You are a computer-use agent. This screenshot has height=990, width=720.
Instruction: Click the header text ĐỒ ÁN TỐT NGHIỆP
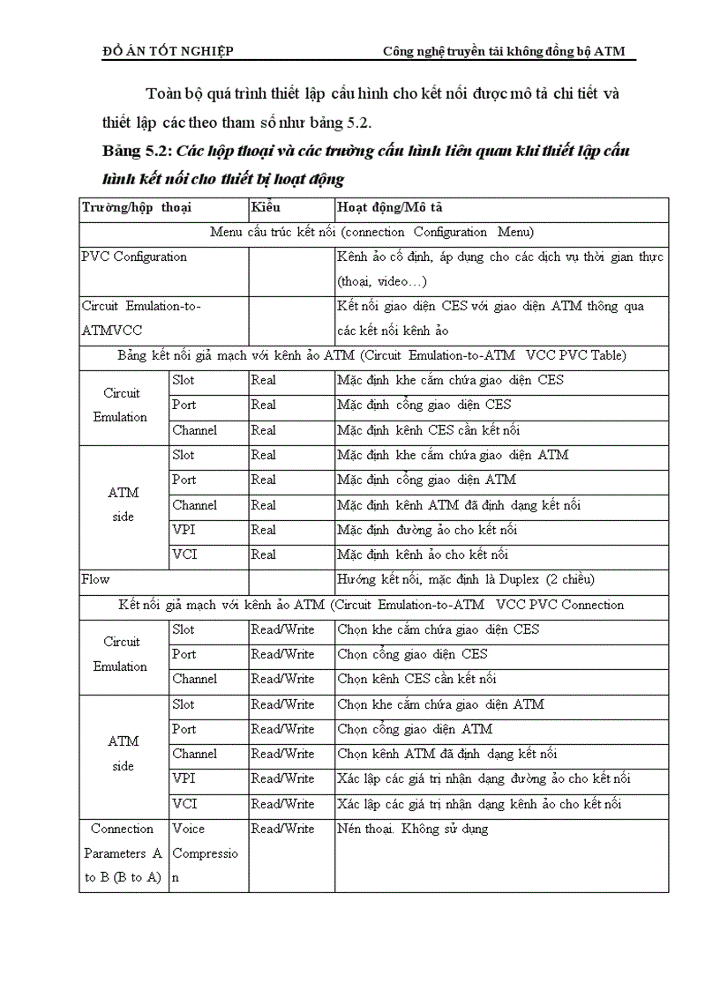click(169, 51)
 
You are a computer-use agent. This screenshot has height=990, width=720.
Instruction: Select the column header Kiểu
click(266, 208)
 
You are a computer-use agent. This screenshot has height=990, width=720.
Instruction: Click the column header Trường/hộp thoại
click(136, 208)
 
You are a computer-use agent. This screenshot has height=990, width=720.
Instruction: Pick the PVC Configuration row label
click(134, 257)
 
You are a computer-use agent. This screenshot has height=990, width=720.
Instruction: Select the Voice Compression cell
click(206, 853)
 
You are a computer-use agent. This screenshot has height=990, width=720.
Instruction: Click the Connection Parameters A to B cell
click(124, 853)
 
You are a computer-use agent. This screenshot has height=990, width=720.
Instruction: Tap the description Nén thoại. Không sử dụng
click(412, 829)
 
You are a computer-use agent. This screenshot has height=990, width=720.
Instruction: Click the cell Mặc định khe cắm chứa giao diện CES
click(450, 380)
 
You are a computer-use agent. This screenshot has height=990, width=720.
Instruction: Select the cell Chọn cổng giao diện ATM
click(415, 729)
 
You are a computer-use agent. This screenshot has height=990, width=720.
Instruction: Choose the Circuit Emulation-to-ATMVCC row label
click(141, 318)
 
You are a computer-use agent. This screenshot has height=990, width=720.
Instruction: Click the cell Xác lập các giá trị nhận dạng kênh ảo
click(479, 804)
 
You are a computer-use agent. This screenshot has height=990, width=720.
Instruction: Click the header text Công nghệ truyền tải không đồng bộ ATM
click(503, 51)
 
